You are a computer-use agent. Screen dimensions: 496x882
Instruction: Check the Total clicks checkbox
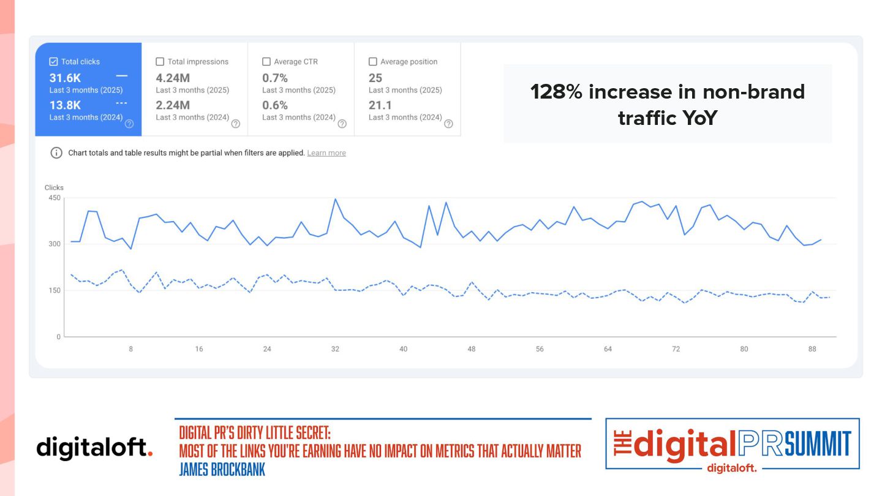pyautogui.click(x=53, y=62)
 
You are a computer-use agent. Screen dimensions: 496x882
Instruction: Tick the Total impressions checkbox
pyautogui.click(x=160, y=62)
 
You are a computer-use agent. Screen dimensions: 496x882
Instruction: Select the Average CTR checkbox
pyautogui.click(x=266, y=62)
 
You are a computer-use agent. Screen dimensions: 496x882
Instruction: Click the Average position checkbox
pyautogui.click(x=372, y=62)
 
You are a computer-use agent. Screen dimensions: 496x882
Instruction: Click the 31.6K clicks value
pyautogui.click(x=66, y=78)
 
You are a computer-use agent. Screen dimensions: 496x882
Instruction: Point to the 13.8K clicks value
pyautogui.click(x=66, y=105)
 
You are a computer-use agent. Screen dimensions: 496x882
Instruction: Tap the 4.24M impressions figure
pyautogui.click(x=173, y=78)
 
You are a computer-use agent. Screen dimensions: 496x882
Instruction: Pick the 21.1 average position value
pyautogui.click(x=380, y=105)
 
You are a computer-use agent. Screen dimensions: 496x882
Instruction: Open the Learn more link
pyautogui.click(x=326, y=153)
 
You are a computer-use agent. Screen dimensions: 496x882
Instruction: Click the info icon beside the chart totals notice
pyautogui.click(x=56, y=152)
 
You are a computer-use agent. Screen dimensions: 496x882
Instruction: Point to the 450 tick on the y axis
pyautogui.click(x=54, y=198)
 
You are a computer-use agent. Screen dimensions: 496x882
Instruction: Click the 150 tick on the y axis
pyautogui.click(x=54, y=290)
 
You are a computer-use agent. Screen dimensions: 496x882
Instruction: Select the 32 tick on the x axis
pyautogui.click(x=335, y=349)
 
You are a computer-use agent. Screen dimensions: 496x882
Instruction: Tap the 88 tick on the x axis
pyautogui.click(x=812, y=349)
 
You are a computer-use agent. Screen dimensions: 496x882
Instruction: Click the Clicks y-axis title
pyautogui.click(x=54, y=187)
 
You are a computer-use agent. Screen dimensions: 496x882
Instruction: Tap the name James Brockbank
pyautogui.click(x=222, y=470)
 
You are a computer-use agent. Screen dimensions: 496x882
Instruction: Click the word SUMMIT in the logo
pyautogui.click(x=818, y=444)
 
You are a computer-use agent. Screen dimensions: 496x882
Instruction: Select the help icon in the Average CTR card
pyautogui.click(x=342, y=124)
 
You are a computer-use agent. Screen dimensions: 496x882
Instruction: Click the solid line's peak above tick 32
pyautogui.click(x=335, y=199)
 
